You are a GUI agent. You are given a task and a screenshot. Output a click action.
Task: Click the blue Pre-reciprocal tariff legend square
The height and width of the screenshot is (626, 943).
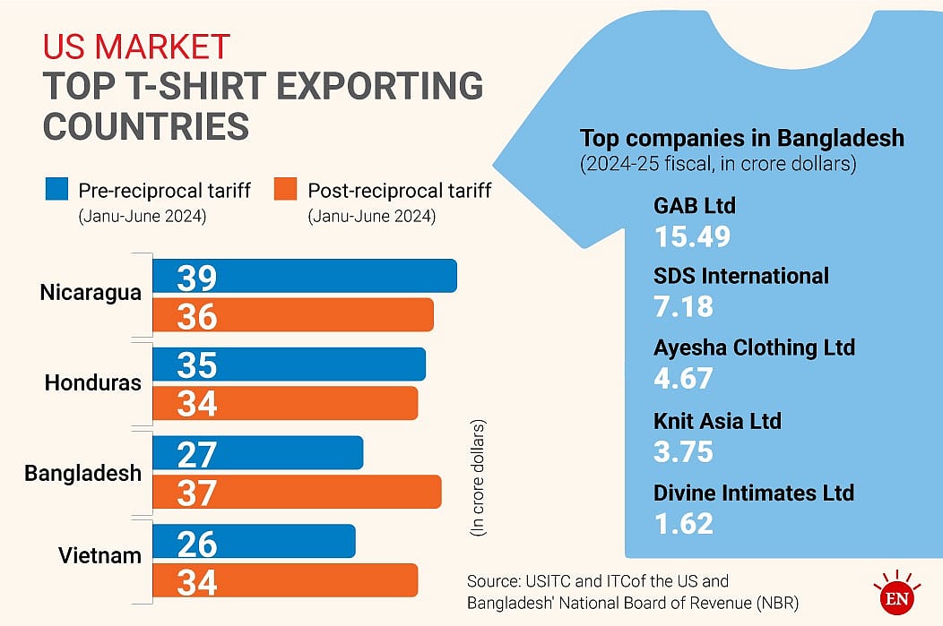click(56, 190)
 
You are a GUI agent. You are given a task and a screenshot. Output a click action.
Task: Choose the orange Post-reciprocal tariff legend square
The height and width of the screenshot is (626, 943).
click(285, 190)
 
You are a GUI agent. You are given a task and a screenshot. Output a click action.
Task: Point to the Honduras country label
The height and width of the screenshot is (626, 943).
click(93, 383)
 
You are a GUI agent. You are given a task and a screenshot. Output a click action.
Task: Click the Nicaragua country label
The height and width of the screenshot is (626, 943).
click(91, 293)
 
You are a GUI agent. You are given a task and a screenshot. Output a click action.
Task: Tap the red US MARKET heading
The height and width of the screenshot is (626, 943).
click(136, 46)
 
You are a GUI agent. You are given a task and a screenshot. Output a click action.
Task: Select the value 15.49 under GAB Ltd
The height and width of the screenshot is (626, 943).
click(693, 236)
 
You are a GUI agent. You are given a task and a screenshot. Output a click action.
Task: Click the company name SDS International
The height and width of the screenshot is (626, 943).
click(741, 276)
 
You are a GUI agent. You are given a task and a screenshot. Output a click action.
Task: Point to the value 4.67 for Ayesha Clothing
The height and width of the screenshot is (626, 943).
click(684, 377)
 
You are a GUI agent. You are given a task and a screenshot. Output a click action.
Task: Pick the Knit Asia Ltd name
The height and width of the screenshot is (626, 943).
click(718, 420)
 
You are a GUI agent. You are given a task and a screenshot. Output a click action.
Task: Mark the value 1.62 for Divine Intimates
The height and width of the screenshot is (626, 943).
click(684, 522)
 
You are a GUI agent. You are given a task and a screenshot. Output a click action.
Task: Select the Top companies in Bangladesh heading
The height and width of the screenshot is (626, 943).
click(742, 139)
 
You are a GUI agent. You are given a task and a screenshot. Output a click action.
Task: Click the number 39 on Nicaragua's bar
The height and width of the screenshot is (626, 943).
click(196, 278)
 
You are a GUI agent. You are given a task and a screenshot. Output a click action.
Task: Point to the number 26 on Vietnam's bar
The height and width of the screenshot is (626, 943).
click(196, 543)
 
